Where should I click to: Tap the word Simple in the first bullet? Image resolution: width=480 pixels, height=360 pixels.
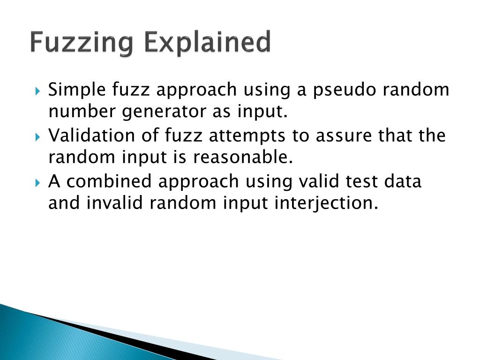point(75,90)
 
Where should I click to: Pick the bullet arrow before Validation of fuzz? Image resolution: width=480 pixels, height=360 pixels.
point(38,136)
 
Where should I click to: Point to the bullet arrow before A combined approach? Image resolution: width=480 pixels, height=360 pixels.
point(38,181)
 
